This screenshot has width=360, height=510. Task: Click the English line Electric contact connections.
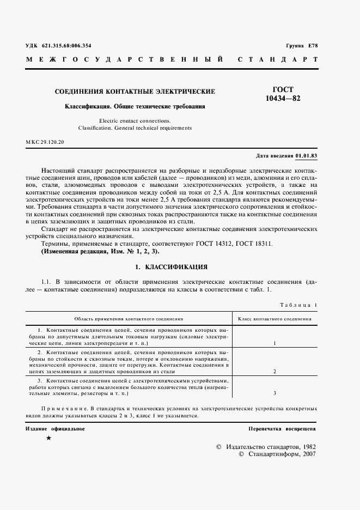135,120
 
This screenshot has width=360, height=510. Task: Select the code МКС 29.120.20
45,142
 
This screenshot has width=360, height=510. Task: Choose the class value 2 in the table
274,371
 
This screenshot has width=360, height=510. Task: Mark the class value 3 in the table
274,393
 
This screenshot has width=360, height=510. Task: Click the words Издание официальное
55,429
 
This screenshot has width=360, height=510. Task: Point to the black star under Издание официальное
48,439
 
